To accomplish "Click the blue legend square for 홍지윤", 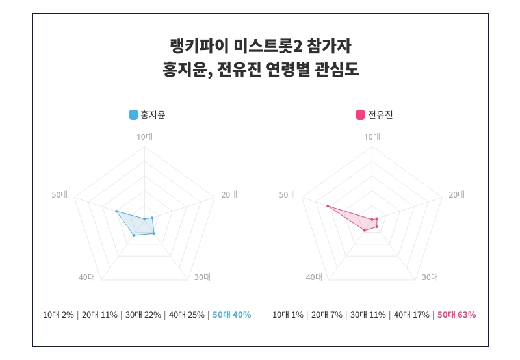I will pos(133,115).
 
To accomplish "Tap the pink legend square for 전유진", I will pos(360,115).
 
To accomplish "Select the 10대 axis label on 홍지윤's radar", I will pos(144,136).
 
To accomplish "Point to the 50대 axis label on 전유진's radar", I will pos(287,194).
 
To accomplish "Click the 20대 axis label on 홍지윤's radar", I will pos(229,194).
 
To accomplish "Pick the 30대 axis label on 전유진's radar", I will pos(430,277).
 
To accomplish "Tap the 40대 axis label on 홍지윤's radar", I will pos(86,277).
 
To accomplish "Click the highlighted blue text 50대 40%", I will pos(231,315).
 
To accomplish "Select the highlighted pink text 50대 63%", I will pos(456,315).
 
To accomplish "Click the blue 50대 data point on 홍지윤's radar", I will pos(116,211).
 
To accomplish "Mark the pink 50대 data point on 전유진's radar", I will pos(328,207).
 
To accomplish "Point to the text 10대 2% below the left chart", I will pos(58,315).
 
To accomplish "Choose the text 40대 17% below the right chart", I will pos(411,315).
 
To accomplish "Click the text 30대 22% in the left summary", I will pos(142,315).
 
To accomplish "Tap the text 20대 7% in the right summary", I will pos(327,315).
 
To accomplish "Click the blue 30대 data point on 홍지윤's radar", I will pos(154,233).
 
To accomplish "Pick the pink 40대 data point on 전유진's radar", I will pos(365,230).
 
